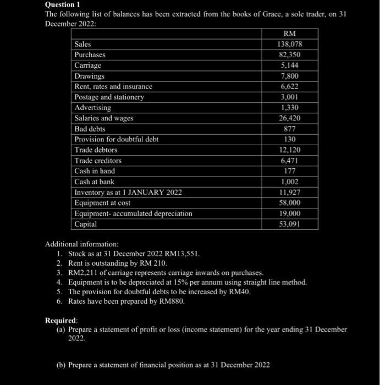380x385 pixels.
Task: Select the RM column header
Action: (289, 34)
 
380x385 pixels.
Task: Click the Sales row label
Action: (83, 44)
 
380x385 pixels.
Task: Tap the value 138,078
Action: (289, 44)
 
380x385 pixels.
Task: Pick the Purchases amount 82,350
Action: (289, 55)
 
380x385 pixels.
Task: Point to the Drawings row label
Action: (89, 76)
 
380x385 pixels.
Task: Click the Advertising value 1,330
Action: (289, 108)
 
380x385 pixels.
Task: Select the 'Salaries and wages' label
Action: (104, 118)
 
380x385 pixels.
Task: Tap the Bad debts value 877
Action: (289, 129)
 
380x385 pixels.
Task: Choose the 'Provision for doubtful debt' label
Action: (116, 139)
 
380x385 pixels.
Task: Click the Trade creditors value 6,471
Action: (289, 161)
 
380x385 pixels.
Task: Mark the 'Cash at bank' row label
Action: (94, 182)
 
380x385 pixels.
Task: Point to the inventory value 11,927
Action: (289, 192)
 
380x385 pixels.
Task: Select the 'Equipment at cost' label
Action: (102, 202)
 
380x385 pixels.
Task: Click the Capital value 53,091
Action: (289, 224)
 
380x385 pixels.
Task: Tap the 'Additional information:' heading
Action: (81, 244)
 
